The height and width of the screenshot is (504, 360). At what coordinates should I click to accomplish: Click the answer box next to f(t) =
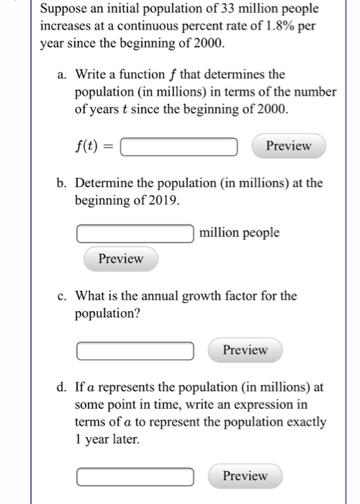[x=179, y=147]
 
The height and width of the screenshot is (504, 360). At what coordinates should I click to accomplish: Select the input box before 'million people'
[x=135, y=233]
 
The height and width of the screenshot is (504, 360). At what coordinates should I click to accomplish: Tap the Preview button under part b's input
[x=120, y=258]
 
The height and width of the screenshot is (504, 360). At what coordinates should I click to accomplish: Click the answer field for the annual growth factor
[x=135, y=351]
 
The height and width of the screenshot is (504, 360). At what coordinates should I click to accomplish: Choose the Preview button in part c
[x=245, y=350]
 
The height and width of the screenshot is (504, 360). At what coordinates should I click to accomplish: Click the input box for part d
[x=135, y=477]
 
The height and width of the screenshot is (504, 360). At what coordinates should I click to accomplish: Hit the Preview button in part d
[x=245, y=476]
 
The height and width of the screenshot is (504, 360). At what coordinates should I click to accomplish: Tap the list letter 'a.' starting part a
[x=62, y=74]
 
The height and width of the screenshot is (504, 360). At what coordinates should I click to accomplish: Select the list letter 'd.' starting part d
[x=62, y=388]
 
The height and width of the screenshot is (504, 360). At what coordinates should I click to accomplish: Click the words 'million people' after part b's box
[x=240, y=233]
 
